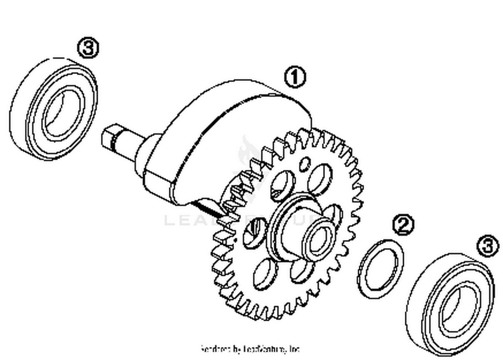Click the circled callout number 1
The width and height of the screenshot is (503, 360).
295,77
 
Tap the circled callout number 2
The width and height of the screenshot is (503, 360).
403,225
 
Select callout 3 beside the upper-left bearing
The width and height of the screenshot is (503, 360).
89,48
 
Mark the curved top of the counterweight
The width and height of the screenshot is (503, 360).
235,97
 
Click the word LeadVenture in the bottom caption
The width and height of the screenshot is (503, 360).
265,349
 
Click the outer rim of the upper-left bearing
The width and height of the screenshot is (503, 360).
20,111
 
